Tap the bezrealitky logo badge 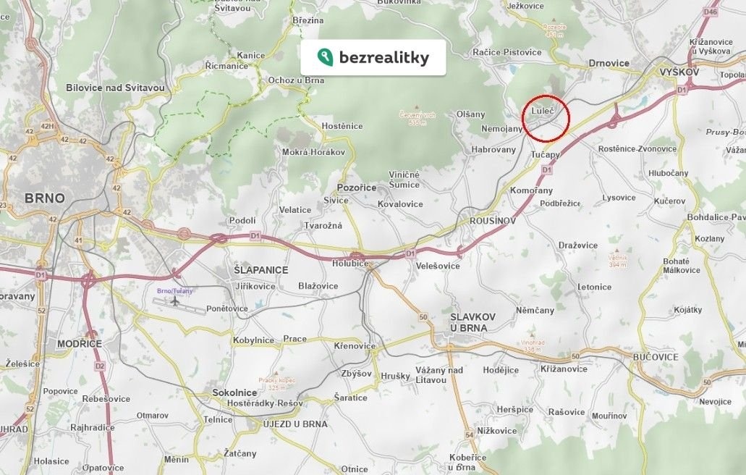pos(373,58)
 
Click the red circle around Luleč pos(546,118)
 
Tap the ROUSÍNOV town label pos(493,221)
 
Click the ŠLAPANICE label pos(260,270)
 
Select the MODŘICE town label pos(80,343)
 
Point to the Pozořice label pos(357,188)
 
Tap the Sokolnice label pos(235,392)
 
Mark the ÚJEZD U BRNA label pos(295,424)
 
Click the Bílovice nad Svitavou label pos(115,88)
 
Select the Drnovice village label pos(609,63)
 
